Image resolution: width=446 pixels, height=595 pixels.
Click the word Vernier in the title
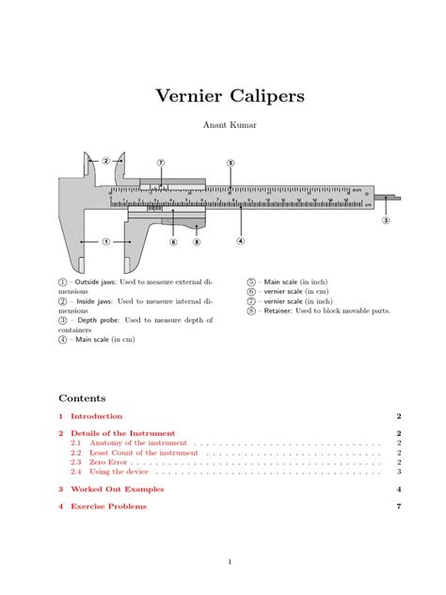(185, 97)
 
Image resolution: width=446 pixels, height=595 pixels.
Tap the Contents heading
(82, 397)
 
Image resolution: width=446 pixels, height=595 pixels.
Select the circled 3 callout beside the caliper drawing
(385, 221)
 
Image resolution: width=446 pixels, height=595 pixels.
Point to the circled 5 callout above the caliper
(231, 163)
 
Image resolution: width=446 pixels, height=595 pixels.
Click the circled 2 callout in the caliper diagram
(105, 161)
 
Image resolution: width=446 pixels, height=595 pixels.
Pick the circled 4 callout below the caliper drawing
(240, 240)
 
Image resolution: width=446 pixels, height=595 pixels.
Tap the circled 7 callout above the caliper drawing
(161, 163)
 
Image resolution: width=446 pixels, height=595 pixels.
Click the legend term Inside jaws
(92, 301)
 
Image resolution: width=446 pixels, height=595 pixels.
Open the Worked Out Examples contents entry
(117, 490)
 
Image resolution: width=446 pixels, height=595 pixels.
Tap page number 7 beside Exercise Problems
(400, 507)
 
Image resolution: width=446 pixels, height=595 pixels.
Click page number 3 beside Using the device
(400, 472)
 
